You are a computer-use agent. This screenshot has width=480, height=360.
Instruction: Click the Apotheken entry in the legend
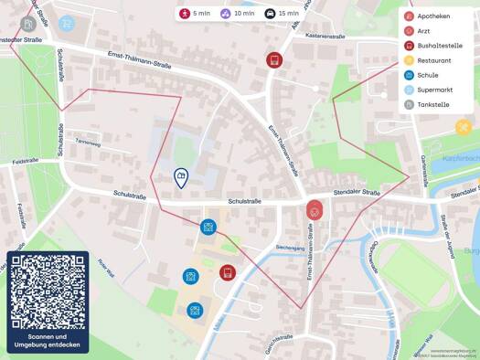pos(432,16)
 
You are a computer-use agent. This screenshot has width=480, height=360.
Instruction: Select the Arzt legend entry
pos(423,31)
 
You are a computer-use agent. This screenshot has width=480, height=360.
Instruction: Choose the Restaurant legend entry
pos(433,60)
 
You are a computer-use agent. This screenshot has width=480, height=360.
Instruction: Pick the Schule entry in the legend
pos(427,75)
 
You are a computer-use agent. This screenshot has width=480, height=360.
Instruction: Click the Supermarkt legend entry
pos(434,90)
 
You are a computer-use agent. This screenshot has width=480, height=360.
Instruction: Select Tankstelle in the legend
pos(432,104)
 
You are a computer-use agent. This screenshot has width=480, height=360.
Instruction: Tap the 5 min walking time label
pos(196,14)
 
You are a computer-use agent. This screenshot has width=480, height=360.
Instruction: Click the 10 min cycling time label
pos(238,14)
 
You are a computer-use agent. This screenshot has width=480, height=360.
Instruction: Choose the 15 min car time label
pos(282,14)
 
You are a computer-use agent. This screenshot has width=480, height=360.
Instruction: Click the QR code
pos(48,292)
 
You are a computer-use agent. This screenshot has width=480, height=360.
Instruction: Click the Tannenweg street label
pos(88,143)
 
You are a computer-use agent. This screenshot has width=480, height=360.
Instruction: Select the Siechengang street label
pos(290,247)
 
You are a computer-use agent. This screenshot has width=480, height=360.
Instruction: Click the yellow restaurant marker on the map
pos(464,127)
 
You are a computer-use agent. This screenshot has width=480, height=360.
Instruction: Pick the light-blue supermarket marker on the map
pos(67,24)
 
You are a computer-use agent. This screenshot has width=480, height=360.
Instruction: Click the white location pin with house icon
pos(181,177)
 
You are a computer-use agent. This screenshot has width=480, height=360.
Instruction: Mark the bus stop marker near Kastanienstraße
pos(273,60)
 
